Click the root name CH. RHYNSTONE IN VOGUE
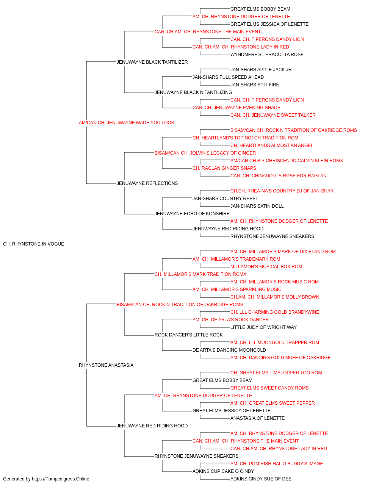(33, 244)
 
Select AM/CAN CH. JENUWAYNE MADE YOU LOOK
(126, 123)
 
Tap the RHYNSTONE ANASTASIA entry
(106, 365)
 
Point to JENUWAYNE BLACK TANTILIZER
(152, 62)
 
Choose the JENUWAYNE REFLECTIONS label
(147, 183)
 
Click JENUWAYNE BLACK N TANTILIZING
(193, 92)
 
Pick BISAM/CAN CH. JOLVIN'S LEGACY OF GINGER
(205, 153)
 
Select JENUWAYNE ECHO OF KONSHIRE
(192, 214)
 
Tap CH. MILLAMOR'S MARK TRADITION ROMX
(200, 274)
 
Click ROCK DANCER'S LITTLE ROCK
(189, 335)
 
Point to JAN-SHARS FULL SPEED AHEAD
(228, 77)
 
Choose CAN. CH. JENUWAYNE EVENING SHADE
(236, 108)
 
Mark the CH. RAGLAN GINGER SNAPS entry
(224, 168)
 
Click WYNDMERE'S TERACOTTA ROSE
(267, 55)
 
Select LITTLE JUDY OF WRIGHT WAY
(263, 327)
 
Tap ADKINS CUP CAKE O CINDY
(223, 471)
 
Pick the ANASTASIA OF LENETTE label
(258, 418)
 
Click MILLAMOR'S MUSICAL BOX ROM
(266, 267)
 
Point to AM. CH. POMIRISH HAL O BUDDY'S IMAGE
(277, 463)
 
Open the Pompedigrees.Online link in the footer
(61, 479)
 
